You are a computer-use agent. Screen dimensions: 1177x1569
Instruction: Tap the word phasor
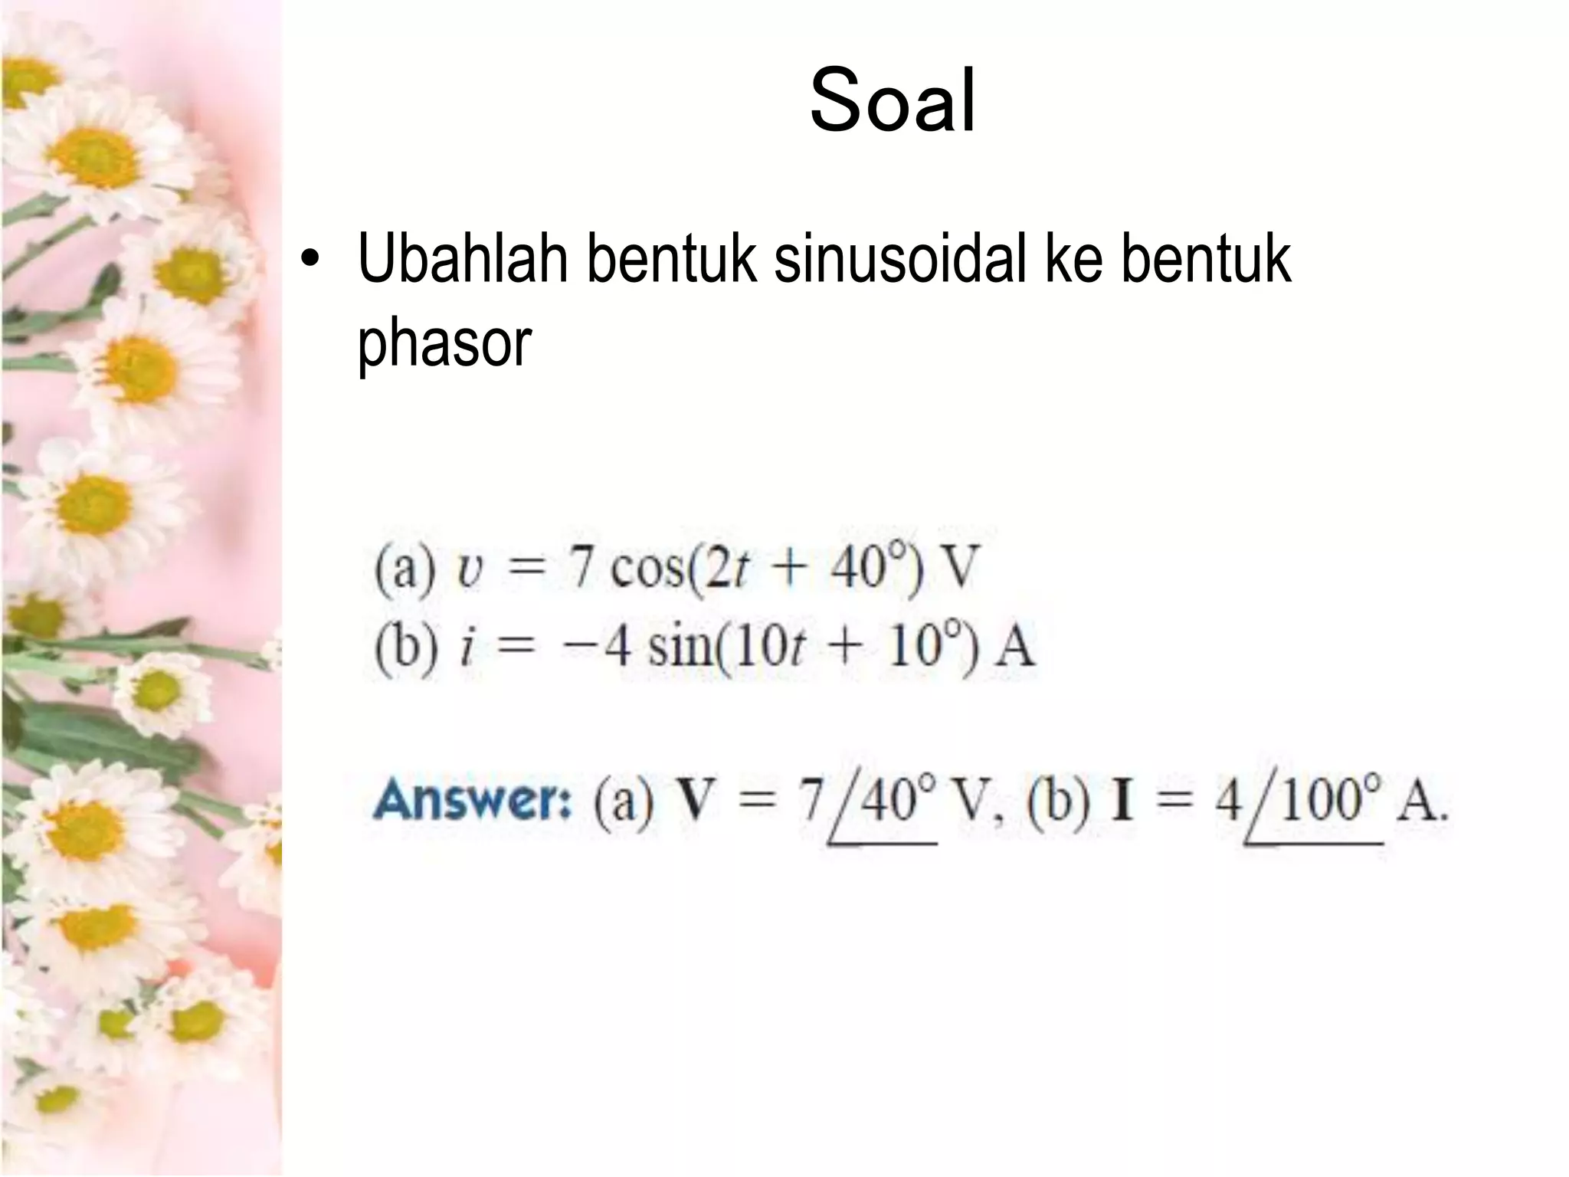(444, 343)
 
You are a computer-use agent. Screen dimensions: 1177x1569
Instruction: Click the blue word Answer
(472, 800)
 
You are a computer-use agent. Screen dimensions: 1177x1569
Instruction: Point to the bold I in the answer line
(1122, 802)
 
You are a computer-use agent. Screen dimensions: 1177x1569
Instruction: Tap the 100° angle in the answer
(1330, 800)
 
